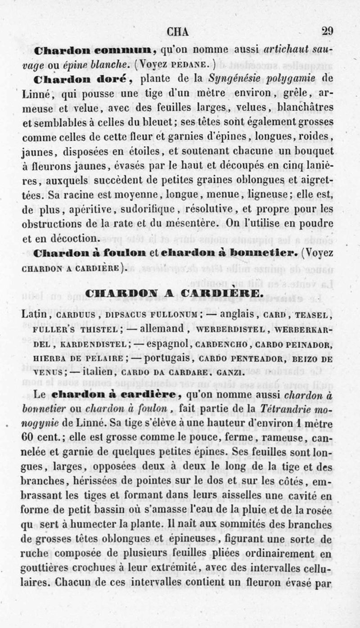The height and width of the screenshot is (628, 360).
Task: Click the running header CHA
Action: (x=178, y=32)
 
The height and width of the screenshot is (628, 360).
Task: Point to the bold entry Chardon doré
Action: (x=82, y=80)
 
